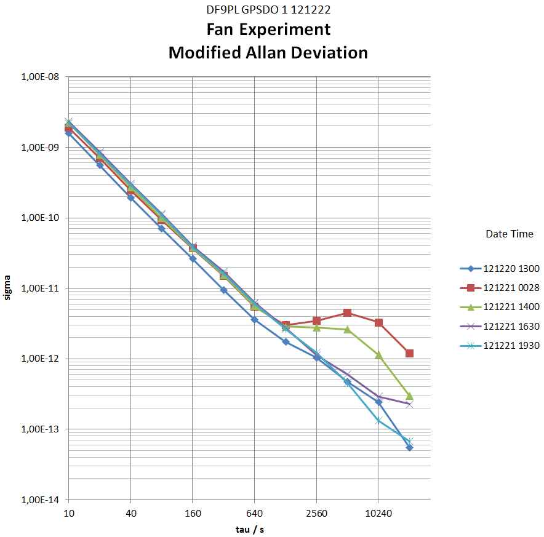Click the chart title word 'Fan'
point(223,30)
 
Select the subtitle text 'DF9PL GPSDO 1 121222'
point(268,10)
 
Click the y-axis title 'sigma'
point(8,289)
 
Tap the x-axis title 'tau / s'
point(249,529)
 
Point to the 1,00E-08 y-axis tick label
point(41,78)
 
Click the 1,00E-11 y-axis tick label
point(41,288)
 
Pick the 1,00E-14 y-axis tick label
point(41,500)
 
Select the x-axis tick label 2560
point(316,513)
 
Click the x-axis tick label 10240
point(378,513)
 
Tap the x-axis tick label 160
point(193,513)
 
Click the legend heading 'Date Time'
point(510,234)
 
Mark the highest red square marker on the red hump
point(347,313)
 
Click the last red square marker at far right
point(409,353)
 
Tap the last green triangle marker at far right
point(409,396)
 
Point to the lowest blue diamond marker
point(409,447)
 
